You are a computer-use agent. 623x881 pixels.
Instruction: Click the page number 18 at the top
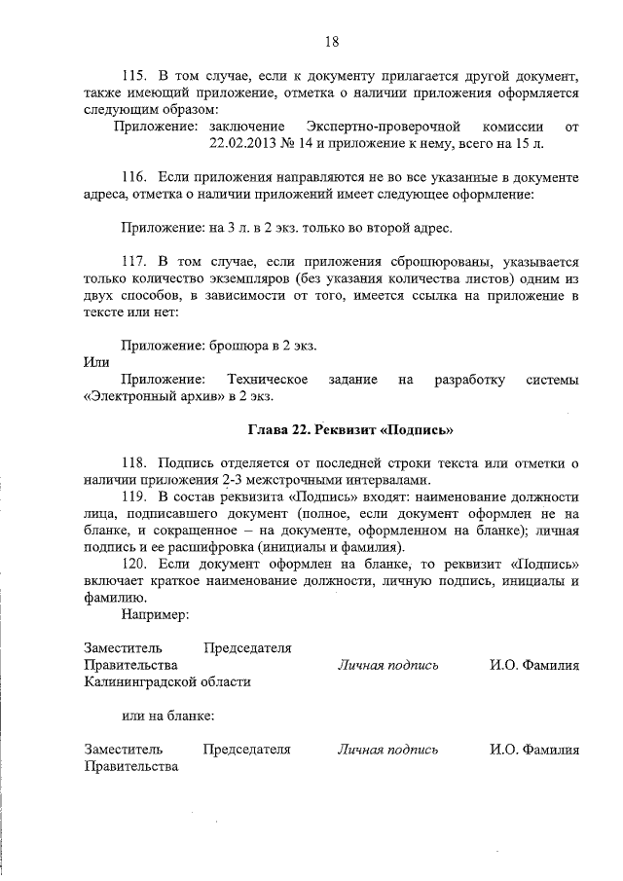[x=331, y=41]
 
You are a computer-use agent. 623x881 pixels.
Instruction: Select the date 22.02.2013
[x=242, y=143]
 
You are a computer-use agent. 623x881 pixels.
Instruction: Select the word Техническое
[x=267, y=379]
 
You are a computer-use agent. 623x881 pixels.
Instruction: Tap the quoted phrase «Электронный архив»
[x=142, y=396]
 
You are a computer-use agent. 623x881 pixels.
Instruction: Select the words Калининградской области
[x=168, y=681]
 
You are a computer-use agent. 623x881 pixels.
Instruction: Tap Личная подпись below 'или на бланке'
[x=387, y=750]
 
